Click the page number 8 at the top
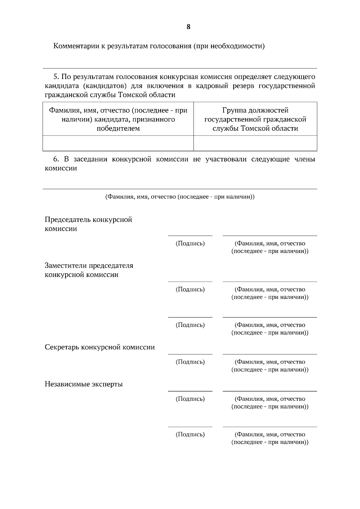point(188,27)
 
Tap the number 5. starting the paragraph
point(57,77)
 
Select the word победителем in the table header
point(118,129)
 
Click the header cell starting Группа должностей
point(255,119)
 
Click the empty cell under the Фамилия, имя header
point(118,143)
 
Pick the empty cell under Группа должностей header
point(255,143)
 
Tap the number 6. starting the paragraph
point(57,159)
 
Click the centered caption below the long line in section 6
point(180,197)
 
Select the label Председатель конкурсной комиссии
point(88,224)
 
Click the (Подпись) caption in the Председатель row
point(190,243)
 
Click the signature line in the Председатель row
point(190,236)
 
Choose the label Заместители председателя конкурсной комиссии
point(89,270)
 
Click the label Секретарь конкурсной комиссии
point(100,347)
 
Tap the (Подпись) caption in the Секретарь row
point(190,362)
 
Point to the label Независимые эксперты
point(84,384)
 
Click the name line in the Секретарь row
point(270,354)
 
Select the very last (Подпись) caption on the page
point(190,434)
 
